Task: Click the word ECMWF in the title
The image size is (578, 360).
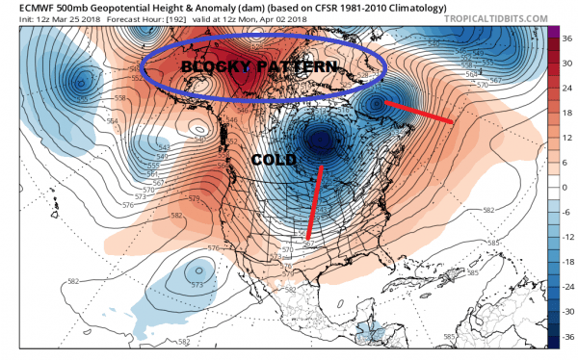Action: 24,7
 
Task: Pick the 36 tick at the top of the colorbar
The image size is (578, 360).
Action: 568,40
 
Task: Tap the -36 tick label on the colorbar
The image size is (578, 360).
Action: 568,337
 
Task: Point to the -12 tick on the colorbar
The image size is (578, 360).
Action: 568,237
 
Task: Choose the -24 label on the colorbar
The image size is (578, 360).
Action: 568,286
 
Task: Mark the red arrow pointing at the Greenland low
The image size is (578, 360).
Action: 420,111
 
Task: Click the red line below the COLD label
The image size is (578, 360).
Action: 314,202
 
